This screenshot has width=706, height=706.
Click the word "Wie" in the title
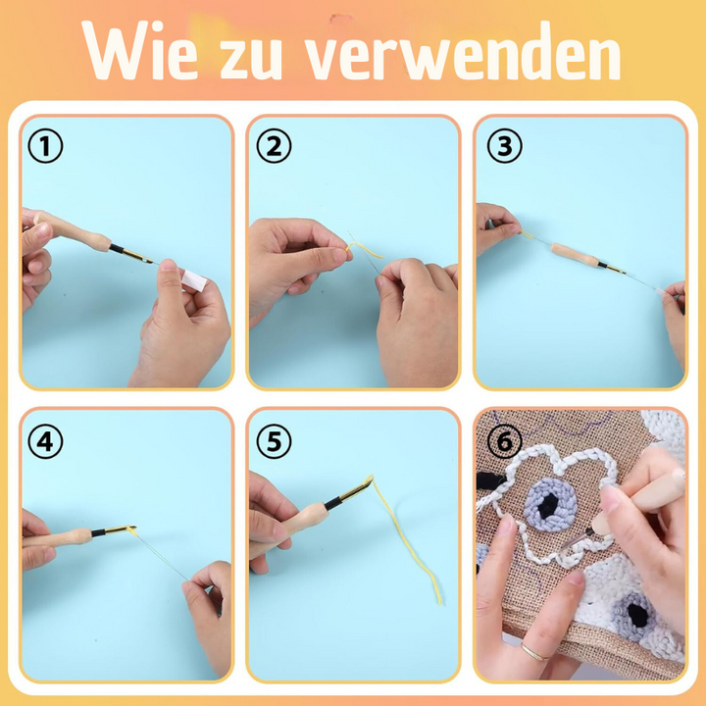tap(139, 50)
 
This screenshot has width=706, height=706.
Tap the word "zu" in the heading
tap(251, 59)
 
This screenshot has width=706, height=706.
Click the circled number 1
tap(45, 146)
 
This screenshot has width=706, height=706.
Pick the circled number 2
tap(275, 146)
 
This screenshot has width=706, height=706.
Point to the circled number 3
tap(505, 146)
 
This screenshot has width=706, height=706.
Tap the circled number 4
tap(45, 441)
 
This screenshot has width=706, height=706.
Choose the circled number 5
tap(275, 441)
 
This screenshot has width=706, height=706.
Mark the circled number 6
tap(505, 441)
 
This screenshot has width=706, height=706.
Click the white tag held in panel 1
tap(194, 280)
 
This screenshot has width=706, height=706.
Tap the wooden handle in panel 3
tap(576, 254)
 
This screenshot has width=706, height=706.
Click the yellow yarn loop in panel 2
tap(364, 249)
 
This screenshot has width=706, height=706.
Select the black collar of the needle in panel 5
tap(332, 503)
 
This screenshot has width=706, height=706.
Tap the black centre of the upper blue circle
tap(547, 505)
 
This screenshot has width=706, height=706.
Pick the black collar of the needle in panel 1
tap(116, 248)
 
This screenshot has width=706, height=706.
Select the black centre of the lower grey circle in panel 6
tap(638, 615)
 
